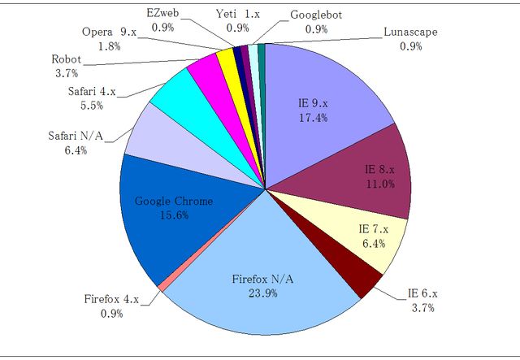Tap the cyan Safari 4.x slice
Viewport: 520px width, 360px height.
coord(175,96)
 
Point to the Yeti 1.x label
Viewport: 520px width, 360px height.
coord(237,15)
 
